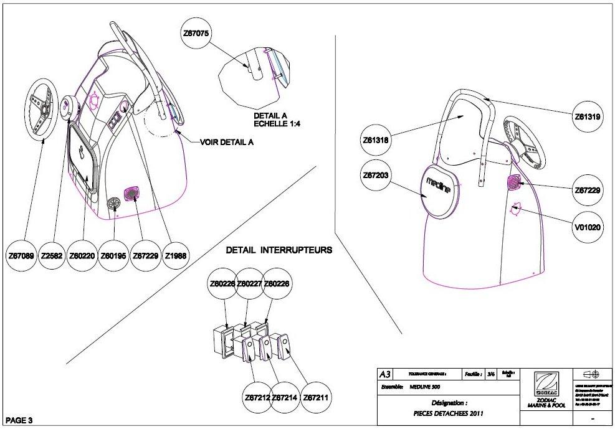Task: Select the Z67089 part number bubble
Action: [x=22, y=255]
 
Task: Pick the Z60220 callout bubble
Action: [x=83, y=255]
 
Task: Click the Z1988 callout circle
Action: [x=175, y=255]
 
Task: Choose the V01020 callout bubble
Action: [x=588, y=227]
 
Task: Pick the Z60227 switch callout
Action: [x=249, y=283]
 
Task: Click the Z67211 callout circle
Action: [x=317, y=397]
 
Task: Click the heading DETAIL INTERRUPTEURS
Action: [x=279, y=250]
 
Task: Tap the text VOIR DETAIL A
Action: [x=227, y=141]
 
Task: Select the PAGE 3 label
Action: [x=18, y=420]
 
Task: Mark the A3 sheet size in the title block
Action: [x=385, y=374]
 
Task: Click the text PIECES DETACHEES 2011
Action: [x=448, y=413]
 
